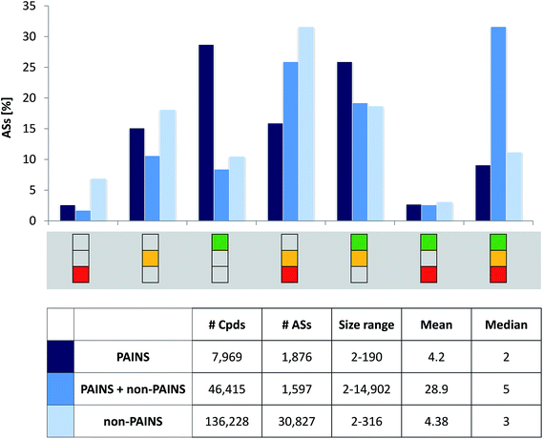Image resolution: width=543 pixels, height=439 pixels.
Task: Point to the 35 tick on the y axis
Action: point(30,7)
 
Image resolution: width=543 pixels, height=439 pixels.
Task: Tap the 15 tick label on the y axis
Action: point(30,129)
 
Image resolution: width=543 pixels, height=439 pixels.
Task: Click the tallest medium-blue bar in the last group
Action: point(497,124)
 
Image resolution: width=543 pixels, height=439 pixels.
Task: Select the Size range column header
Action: point(360,324)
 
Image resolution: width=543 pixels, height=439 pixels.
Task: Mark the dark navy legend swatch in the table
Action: point(59,357)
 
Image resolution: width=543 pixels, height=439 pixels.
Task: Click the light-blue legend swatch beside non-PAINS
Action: point(59,420)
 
